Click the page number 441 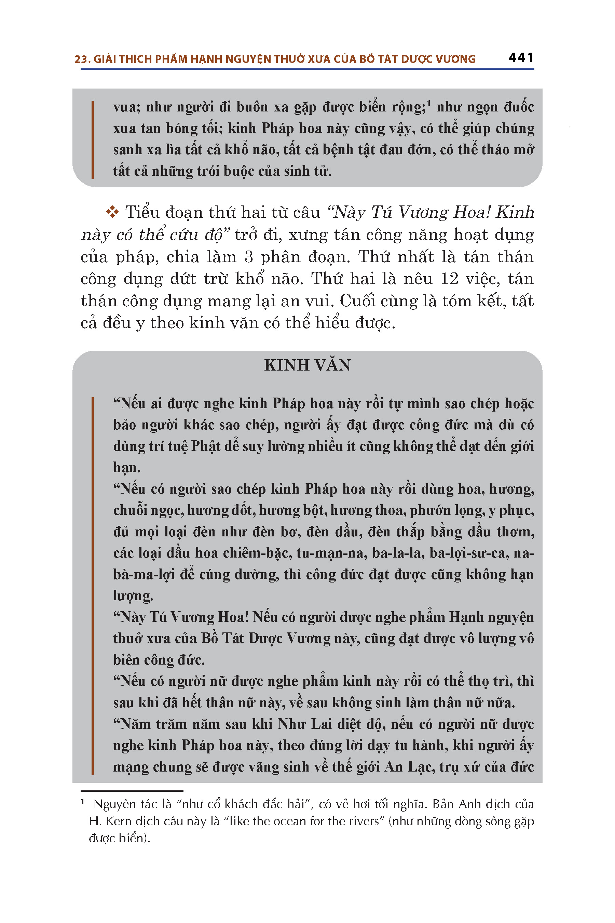(521, 58)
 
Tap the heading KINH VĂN (307, 365)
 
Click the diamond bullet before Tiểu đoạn (112, 212)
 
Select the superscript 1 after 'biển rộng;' (429, 104)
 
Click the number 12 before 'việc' (450, 279)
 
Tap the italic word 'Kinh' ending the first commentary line (515, 212)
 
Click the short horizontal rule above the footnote (132, 791)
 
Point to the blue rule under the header (307, 69)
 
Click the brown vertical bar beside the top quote (93, 140)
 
